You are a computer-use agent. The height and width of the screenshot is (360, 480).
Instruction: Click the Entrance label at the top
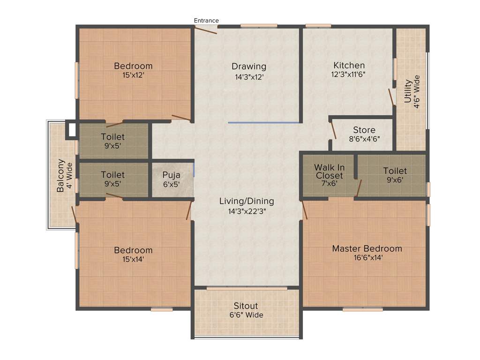pyautogui.click(x=206, y=20)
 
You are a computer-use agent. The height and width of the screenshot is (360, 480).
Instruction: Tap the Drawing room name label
pyautogui.click(x=249, y=67)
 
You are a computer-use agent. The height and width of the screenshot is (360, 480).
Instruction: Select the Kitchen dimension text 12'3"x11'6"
pyautogui.click(x=349, y=75)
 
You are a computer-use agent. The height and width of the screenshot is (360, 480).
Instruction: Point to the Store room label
pyautogui.click(x=364, y=130)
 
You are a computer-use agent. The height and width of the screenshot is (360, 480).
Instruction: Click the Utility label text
pyautogui.click(x=408, y=91)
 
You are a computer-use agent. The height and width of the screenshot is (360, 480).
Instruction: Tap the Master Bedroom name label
pyautogui.click(x=367, y=248)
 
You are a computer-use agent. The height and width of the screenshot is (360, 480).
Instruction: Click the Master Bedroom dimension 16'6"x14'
pyautogui.click(x=367, y=257)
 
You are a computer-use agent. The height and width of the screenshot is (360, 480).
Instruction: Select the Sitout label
pyautogui.click(x=246, y=306)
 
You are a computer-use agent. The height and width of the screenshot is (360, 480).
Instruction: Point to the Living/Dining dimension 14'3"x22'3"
pyautogui.click(x=247, y=211)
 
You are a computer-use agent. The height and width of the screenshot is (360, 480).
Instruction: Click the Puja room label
pyautogui.click(x=171, y=175)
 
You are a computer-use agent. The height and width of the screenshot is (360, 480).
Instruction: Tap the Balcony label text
pyautogui.click(x=60, y=176)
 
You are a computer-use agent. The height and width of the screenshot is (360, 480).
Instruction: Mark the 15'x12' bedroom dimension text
pyautogui.click(x=133, y=75)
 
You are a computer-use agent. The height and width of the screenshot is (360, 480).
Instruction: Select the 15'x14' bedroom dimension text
pyautogui.click(x=133, y=259)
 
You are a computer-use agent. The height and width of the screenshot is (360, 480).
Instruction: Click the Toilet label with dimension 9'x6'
pyautogui.click(x=395, y=171)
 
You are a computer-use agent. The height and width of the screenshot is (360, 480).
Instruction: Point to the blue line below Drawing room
pyautogui.click(x=264, y=122)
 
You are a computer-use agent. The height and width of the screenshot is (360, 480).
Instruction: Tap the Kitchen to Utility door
pyautogui.click(x=391, y=97)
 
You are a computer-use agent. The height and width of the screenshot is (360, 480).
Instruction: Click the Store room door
pyautogui.click(x=333, y=129)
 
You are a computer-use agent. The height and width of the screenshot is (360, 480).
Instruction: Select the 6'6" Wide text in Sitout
pyautogui.click(x=246, y=315)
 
